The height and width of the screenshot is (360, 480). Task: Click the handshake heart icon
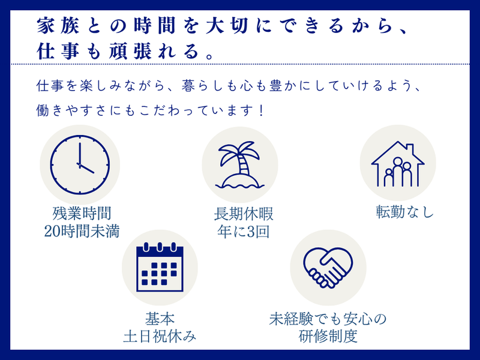pos(328,268)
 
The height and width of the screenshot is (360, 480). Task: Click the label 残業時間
pos(81,213)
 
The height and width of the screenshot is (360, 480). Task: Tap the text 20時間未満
pos(81,232)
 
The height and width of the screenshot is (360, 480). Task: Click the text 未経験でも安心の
pos(328,318)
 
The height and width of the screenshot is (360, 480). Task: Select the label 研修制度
pos(328,337)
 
